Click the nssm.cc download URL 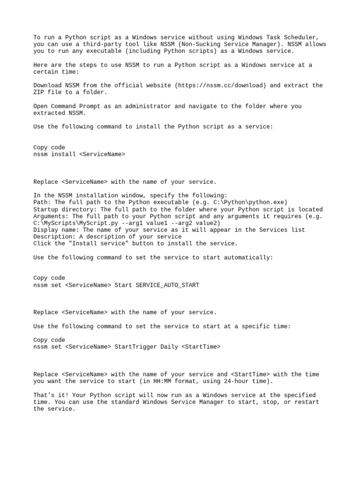point(222,85)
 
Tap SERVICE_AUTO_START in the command point(167,285)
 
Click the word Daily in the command point(167,347)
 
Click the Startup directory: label point(65,210)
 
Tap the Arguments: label point(51,217)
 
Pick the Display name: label point(56,230)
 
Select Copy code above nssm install point(49,148)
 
